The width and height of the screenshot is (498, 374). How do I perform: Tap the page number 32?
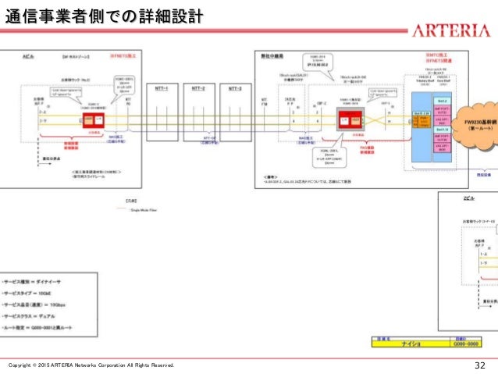coord(481,365)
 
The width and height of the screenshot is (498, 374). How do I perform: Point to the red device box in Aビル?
coord(94,120)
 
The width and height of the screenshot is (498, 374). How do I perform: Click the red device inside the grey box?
coord(349,119)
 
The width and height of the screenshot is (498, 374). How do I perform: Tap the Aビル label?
coord(27,57)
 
